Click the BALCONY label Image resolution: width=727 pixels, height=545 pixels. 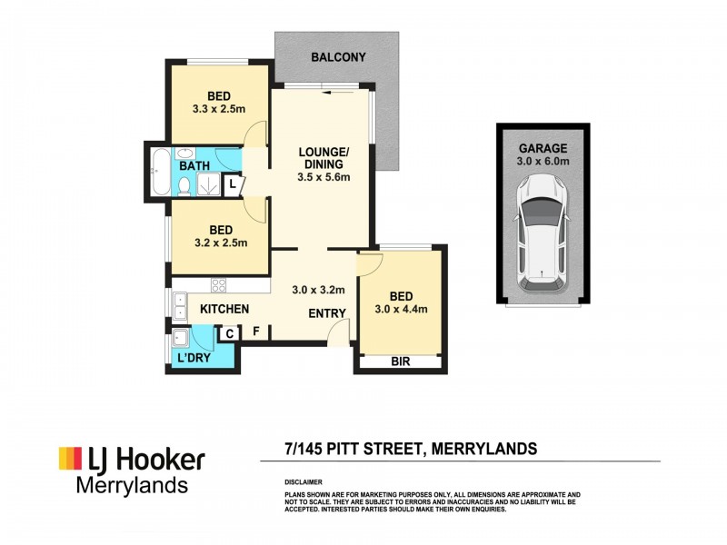tap(338, 57)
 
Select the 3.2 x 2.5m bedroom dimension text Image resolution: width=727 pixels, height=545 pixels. tap(219, 243)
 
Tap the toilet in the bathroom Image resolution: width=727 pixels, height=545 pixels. tap(184, 184)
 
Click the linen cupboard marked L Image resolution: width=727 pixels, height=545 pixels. tap(234, 183)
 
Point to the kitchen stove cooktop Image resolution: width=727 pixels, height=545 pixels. tap(219, 284)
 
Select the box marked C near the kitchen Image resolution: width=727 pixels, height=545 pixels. tap(230, 333)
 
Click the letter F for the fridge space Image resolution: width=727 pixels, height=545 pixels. tap(256, 332)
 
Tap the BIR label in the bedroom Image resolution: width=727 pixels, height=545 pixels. tap(401, 362)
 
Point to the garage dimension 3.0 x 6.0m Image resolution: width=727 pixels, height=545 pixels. tap(543, 162)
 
